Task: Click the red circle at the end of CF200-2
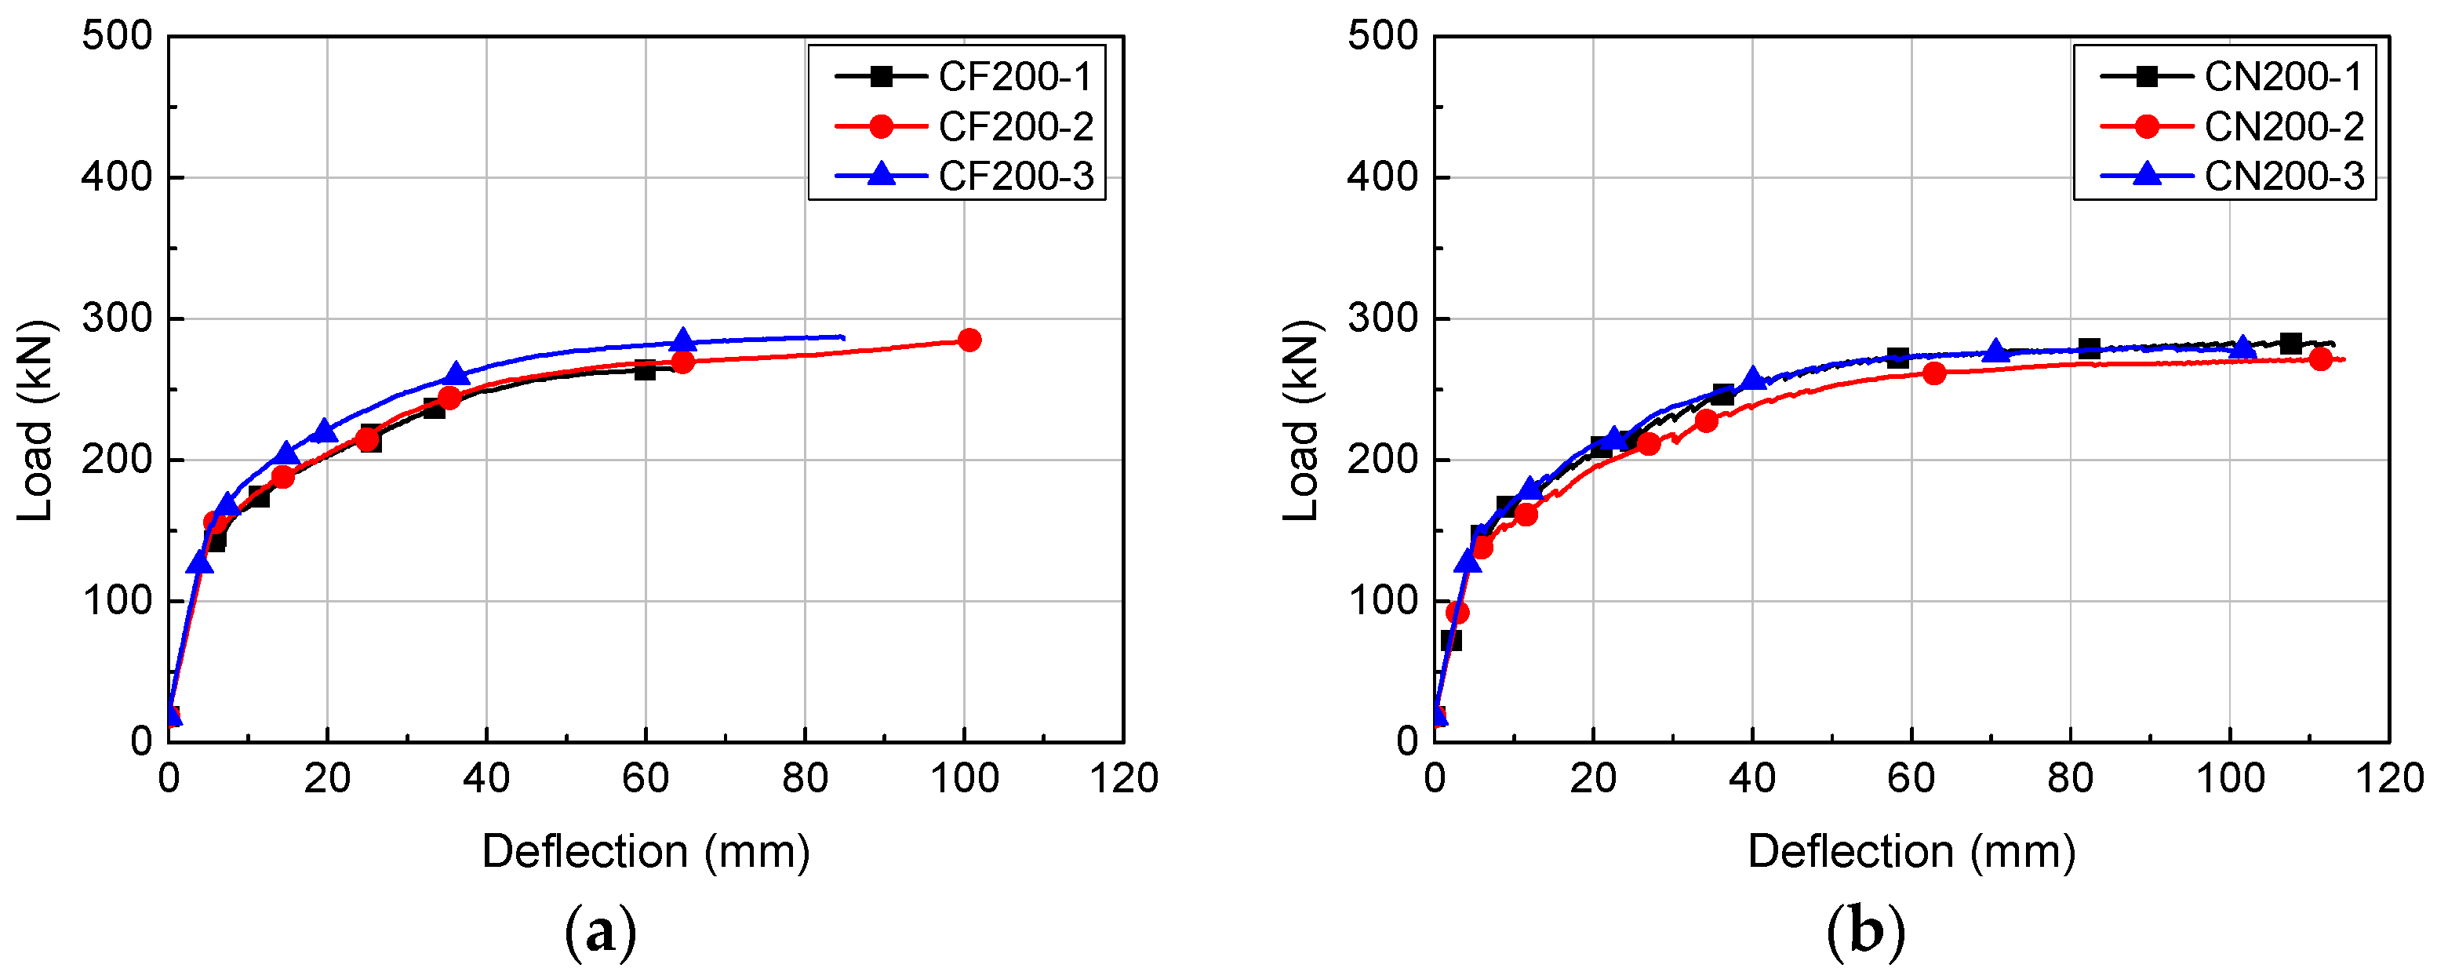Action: (969, 340)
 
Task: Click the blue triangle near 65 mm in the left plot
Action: (684, 340)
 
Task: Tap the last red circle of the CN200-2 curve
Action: (2319, 358)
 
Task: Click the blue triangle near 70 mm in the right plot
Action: (1995, 351)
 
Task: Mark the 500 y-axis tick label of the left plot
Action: (116, 36)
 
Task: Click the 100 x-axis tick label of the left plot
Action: (964, 778)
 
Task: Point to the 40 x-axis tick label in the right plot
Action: (1751, 778)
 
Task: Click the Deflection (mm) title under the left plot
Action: (646, 851)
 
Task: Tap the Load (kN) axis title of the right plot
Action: (1302, 421)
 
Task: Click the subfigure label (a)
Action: (600, 934)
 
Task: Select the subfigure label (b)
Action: (1864, 934)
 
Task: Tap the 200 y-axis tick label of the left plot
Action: (116, 460)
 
